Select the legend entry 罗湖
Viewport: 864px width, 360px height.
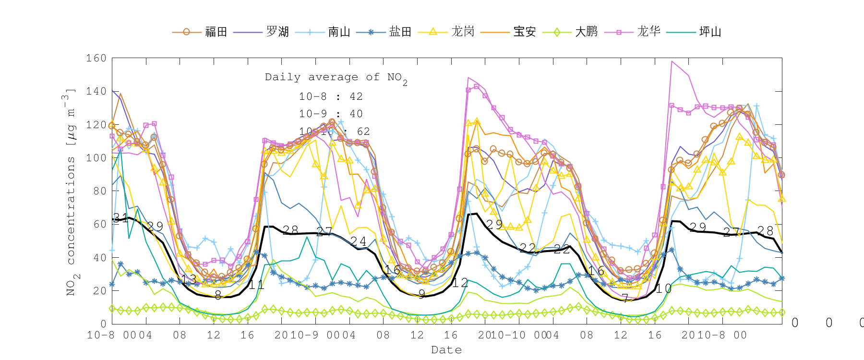click(277, 32)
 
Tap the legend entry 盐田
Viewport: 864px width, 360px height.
click(400, 32)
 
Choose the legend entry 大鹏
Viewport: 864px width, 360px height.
click(586, 32)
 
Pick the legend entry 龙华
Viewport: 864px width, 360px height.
click(648, 32)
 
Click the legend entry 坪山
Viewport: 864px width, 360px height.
click(710, 32)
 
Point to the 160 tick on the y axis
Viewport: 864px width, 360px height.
click(96, 58)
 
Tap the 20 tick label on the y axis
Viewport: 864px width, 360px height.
click(99, 290)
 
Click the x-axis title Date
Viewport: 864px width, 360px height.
click(446, 350)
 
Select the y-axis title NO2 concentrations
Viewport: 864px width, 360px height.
click(70, 192)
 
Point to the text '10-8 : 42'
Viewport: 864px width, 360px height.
click(331, 96)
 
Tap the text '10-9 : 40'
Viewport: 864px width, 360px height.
click(331, 114)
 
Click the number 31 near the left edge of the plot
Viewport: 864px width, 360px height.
click(120, 217)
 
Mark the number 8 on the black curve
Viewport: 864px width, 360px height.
click(218, 295)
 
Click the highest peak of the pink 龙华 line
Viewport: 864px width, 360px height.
click(672, 61)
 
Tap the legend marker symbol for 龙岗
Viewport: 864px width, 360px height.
click(433, 32)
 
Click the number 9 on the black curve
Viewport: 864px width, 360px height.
click(421, 294)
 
